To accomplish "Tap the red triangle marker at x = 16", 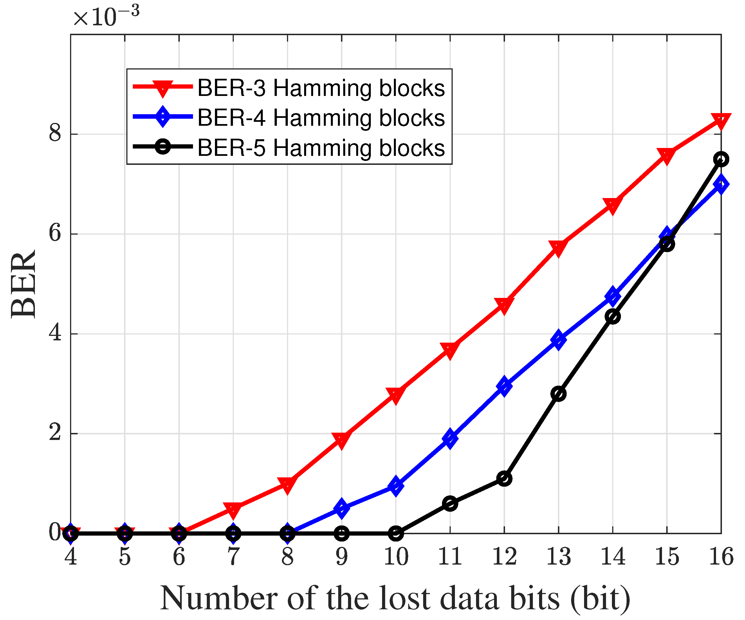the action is (x=721, y=122).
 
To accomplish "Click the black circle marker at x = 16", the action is (x=721, y=159).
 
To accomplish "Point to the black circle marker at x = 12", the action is (x=504, y=479).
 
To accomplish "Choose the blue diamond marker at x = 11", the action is (x=450, y=438).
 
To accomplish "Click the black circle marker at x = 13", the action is (x=558, y=394).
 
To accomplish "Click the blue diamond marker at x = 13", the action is (x=558, y=339).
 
